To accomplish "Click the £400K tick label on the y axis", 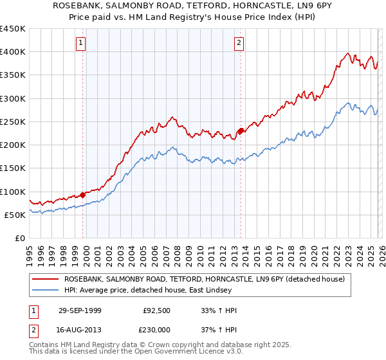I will pyautogui.click(x=13, y=52).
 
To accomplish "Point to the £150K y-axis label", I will pyautogui.click(x=13, y=168).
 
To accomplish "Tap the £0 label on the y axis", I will pyautogui.click(x=21, y=239).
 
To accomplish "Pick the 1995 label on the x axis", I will pyautogui.click(x=30, y=255).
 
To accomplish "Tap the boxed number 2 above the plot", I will pyautogui.click(x=239, y=43).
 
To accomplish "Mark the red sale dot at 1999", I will pyautogui.click(x=84, y=195).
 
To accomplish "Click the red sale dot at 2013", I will pyautogui.click(x=241, y=131).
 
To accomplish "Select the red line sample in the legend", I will pyautogui.click(x=46, y=280).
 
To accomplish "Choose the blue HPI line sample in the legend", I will pyautogui.click(x=46, y=291).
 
